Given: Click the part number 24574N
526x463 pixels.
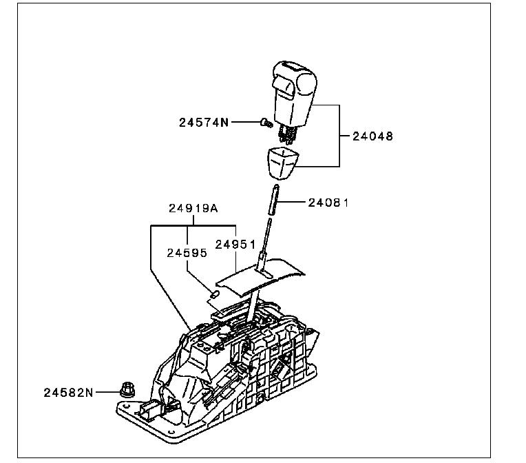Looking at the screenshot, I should [203, 123].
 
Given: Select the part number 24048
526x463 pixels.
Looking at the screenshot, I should [372, 136].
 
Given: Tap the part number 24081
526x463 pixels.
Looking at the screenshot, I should [328, 203].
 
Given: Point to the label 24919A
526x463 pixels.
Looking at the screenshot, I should [193, 208].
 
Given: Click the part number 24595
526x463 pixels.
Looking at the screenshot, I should [187, 253].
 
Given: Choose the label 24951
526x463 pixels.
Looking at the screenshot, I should [235, 244].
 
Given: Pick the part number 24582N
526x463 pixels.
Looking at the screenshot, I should [68, 392].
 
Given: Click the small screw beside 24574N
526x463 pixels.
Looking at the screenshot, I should [265, 124].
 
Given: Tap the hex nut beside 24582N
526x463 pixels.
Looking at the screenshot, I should [127, 391].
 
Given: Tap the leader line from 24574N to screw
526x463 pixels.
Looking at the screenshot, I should [244, 123].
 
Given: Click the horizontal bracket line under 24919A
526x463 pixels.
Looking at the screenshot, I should [193, 225].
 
